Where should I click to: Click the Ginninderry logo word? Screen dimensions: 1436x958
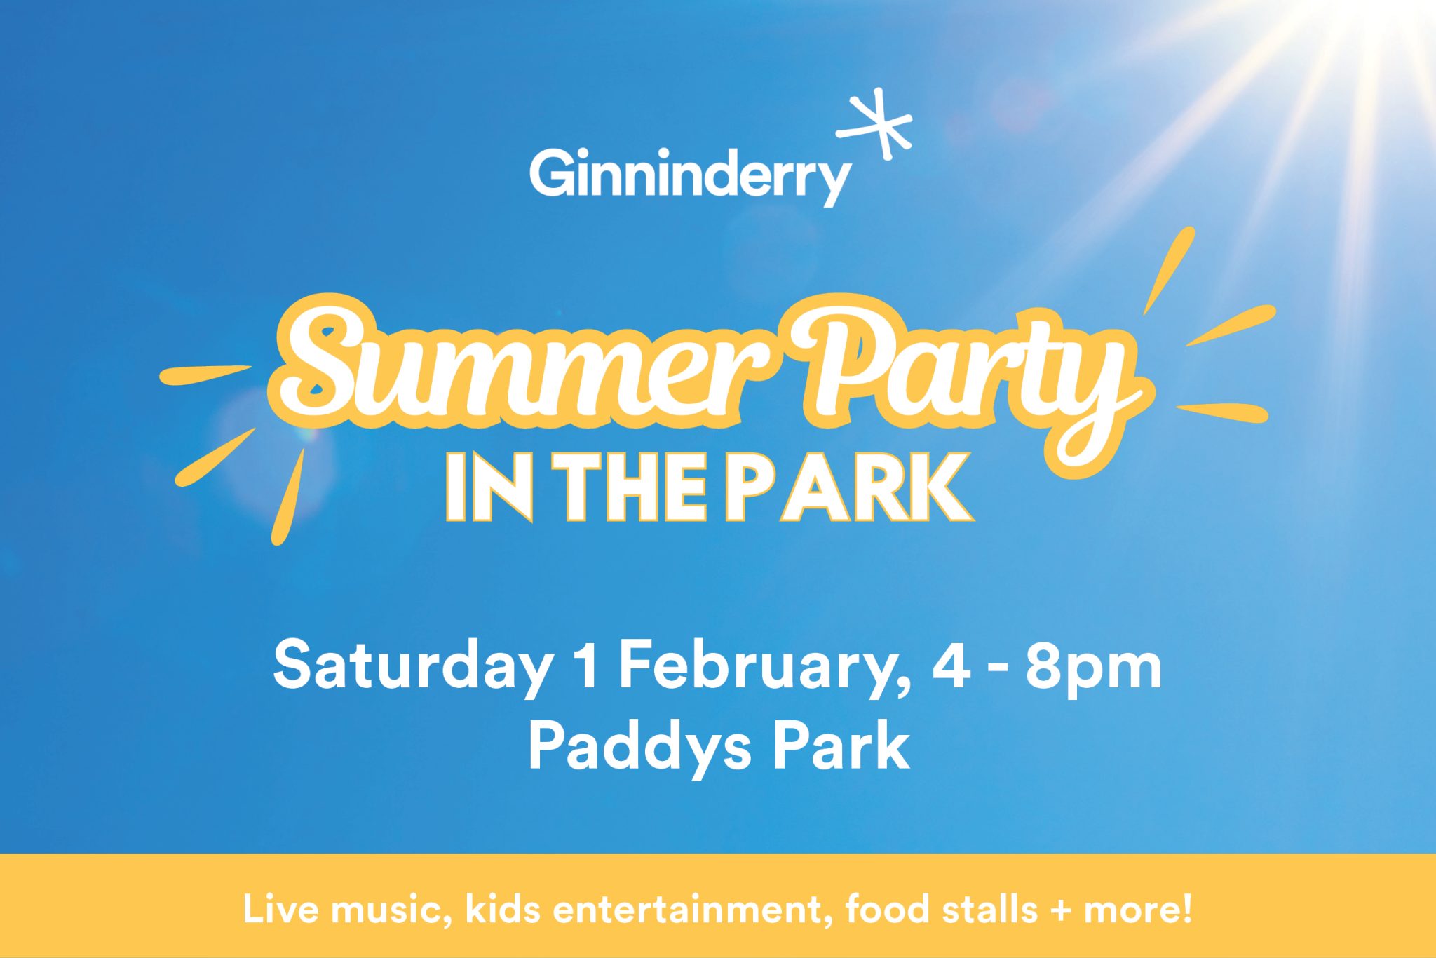click(x=690, y=175)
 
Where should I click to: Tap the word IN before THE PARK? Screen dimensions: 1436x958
click(x=490, y=487)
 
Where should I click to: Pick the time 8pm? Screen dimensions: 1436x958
click(x=1094, y=668)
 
